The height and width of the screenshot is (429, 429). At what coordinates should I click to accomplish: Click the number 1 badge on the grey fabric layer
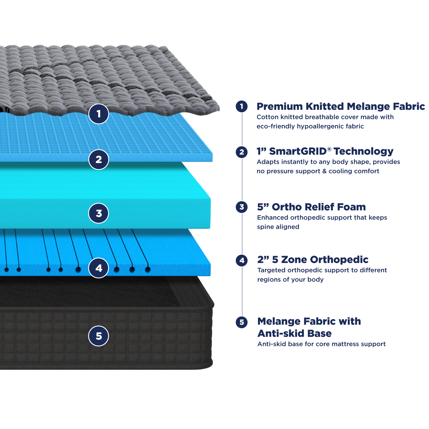(99, 114)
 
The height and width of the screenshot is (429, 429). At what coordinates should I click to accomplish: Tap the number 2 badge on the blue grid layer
(99, 159)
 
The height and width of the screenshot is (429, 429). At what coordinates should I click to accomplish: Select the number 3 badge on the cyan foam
(99, 213)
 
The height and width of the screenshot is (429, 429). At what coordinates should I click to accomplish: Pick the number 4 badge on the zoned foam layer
(99, 268)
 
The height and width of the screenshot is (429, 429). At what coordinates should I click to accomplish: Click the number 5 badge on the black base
(99, 336)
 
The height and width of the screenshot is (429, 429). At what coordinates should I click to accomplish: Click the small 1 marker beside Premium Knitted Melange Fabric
(242, 106)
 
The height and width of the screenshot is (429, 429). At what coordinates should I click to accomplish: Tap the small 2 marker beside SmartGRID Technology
(242, 152)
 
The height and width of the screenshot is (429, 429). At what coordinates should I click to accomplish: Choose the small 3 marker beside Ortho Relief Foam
(242, 207)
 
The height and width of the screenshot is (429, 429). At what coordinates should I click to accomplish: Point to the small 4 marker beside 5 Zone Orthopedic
(242, 260)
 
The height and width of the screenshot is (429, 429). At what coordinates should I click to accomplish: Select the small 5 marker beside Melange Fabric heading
(242, 322)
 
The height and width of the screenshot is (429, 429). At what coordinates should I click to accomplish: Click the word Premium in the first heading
(280, 106)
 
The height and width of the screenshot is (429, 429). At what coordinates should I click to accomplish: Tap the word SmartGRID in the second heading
(298, 151)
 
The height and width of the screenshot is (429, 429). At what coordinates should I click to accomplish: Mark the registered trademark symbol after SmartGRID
(329, 149)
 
